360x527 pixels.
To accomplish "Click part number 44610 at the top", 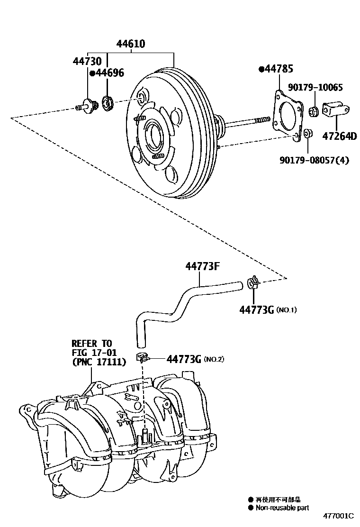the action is (131, 44).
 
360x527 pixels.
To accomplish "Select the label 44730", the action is (87, 61).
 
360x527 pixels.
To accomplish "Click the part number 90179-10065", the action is (315, 87).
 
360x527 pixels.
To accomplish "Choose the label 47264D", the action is (340, 136).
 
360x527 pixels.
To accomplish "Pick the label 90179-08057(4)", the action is (315, 160).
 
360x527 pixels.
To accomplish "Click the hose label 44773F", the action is (203, 266).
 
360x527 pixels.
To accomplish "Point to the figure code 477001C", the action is (339, 516).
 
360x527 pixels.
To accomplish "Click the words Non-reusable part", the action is (282, 508).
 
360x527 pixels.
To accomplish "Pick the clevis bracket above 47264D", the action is (336, 109).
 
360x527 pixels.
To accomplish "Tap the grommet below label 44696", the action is (108, 103).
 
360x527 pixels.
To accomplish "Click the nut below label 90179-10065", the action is (314, 111).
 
